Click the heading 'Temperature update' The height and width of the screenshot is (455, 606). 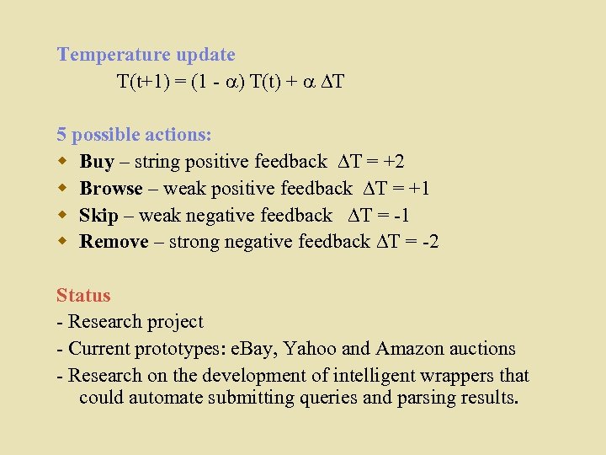coord(146,55)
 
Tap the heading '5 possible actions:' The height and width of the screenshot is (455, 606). coord(134,135)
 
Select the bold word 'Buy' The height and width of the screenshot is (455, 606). coord(97,162)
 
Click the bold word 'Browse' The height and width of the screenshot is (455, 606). coord(111,189)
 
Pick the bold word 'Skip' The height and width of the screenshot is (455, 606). coord(98,216)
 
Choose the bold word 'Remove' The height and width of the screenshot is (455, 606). coord(114,243)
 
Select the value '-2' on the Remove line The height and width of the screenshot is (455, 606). coord(430,243)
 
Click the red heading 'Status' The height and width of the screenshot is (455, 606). coord(83,296)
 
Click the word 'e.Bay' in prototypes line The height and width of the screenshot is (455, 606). coord(260,349)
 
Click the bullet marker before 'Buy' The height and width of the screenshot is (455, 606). coord(61,162)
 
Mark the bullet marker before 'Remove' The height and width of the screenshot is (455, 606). coord(61,243)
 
